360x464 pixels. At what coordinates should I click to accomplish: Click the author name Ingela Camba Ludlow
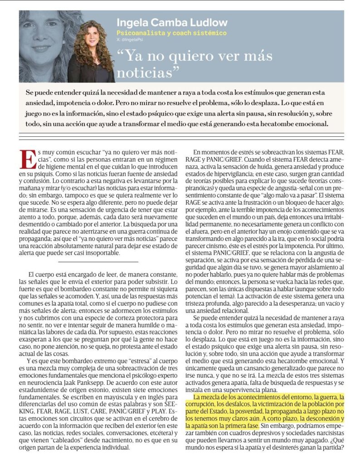172,22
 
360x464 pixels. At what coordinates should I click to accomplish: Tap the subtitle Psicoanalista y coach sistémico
171,33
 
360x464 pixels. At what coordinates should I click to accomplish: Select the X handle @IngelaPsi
127,40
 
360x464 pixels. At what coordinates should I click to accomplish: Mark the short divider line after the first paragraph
98,261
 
